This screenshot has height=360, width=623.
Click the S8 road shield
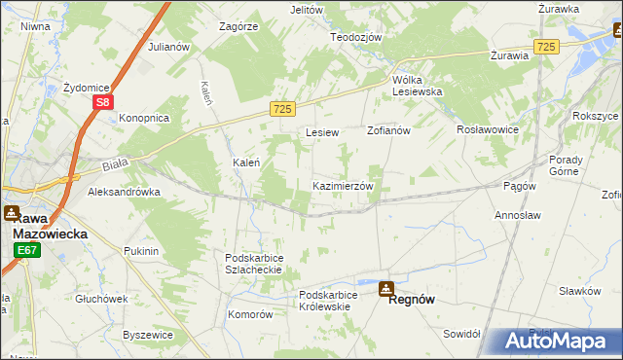coord(104,100)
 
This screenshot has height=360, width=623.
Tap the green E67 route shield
coord(26,251)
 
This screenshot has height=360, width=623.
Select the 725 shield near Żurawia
coord(546,47)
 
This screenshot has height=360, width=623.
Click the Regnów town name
coord(411,301)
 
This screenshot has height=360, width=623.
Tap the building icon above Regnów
coord(387,288)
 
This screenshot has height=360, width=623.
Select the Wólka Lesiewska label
coord(417,86)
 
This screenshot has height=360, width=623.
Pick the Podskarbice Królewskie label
coord(338,300)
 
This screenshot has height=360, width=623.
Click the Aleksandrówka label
coord(124,193)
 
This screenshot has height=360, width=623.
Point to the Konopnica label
coord(144,118)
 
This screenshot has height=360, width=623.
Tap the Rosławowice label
coord(489,129)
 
